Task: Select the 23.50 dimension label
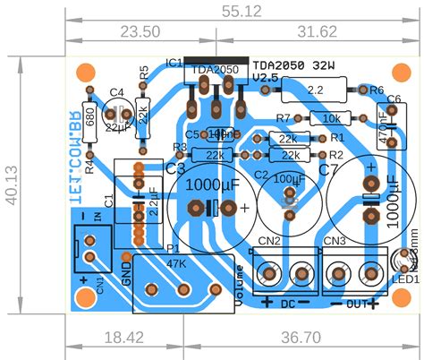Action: tap(140, 31)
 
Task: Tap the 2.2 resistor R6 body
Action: tap(315, 90)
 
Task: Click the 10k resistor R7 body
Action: tap(330, 118)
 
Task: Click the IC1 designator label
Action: tap(174, 63)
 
